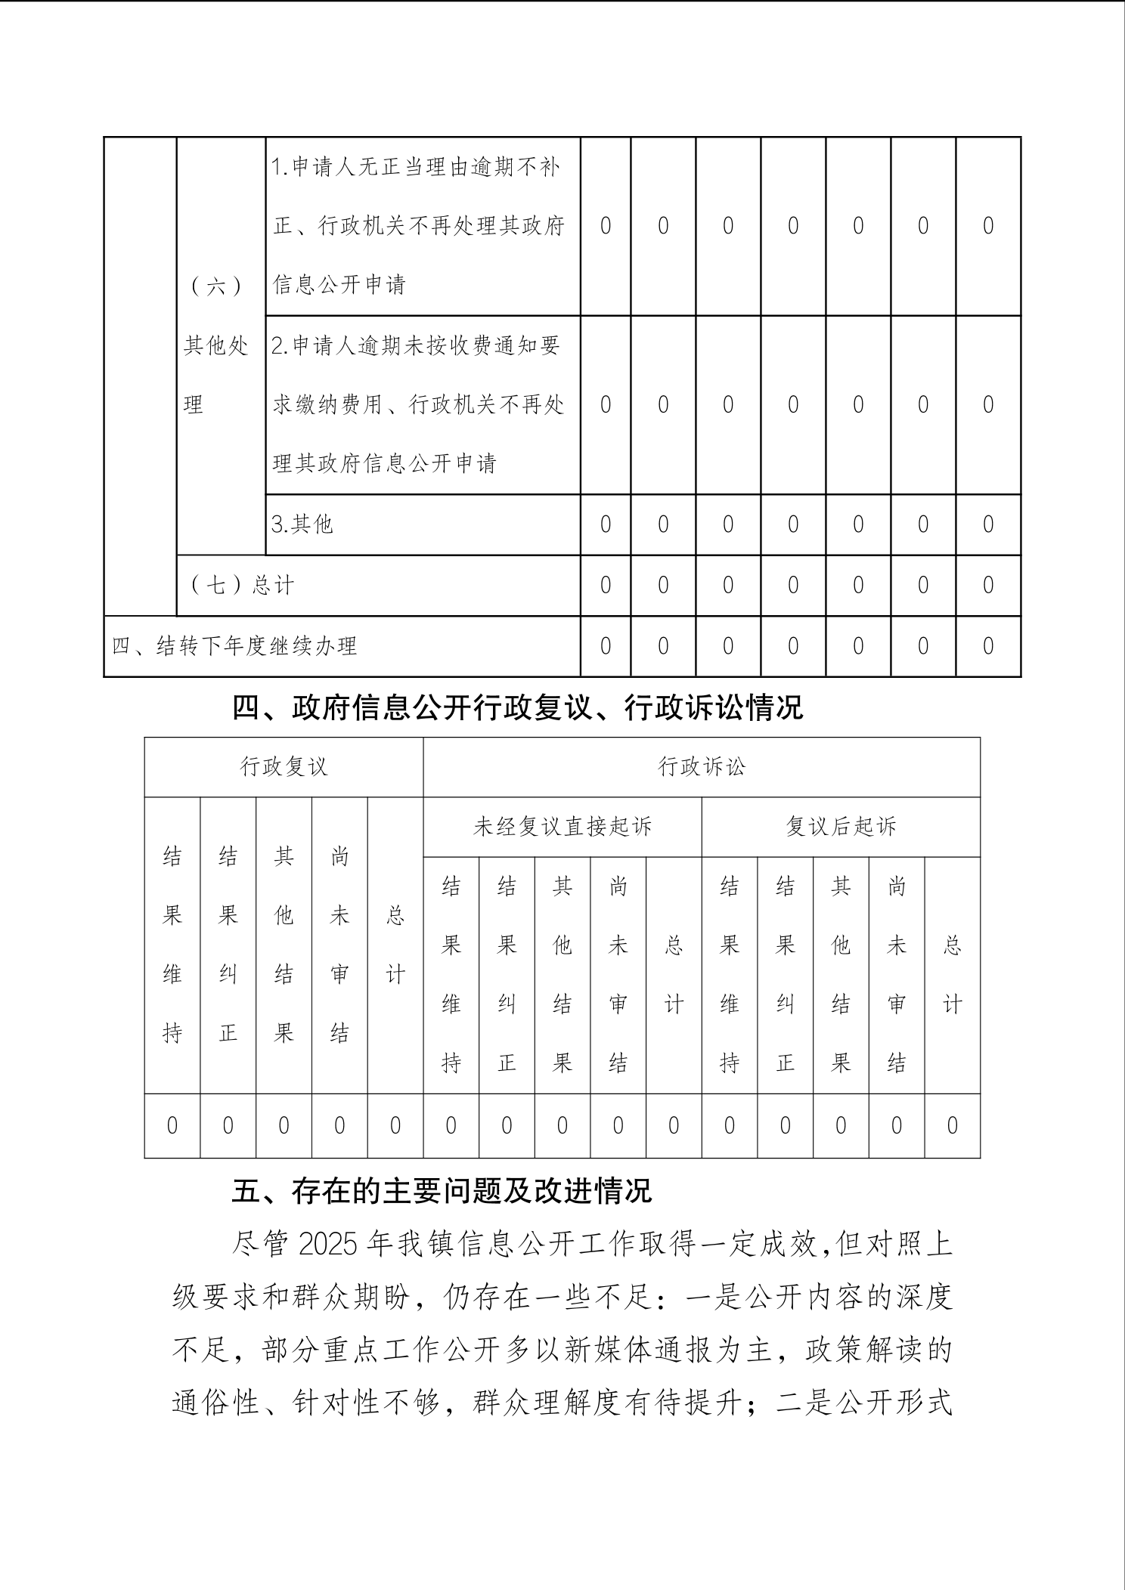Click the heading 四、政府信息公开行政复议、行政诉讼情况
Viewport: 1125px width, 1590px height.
517,708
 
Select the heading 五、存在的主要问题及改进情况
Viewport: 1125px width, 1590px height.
442,1192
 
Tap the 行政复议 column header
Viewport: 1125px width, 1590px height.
284,767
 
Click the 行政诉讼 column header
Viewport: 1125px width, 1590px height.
702,767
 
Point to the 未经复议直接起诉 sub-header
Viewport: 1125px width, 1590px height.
562,827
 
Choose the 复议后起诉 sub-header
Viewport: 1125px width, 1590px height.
841,827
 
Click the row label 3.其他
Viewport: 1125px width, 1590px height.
302,524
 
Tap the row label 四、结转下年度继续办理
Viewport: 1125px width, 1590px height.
234,646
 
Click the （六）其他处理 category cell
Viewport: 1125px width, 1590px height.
217,345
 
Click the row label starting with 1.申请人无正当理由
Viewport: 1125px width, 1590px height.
418,225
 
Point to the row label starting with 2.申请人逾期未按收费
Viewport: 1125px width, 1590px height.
418,404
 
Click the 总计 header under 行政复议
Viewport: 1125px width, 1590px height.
395,945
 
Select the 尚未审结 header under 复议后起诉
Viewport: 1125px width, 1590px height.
897,975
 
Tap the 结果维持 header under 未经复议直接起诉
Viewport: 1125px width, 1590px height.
451,975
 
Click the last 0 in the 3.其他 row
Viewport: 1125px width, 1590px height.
987,524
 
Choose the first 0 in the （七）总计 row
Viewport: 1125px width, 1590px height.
605,585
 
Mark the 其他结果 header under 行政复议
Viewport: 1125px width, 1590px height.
284,945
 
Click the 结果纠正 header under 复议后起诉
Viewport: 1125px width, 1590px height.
786,975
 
